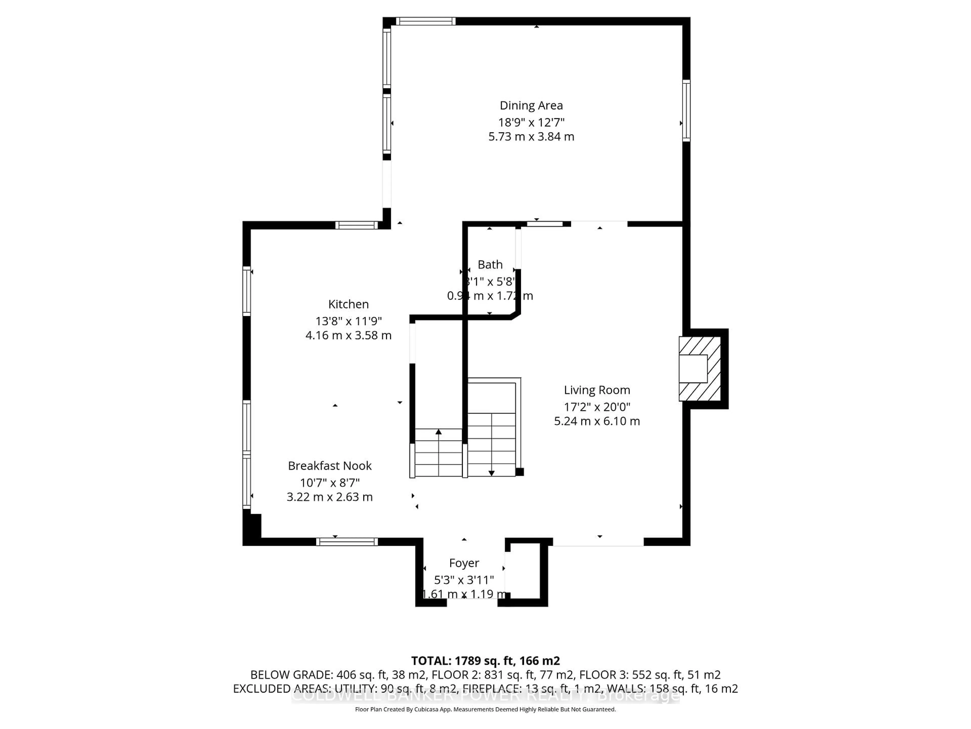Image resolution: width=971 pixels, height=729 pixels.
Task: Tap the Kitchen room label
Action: [348, 304]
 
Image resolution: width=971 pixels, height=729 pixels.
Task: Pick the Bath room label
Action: [490, 265]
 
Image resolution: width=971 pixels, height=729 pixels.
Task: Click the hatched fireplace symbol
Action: [700, 369]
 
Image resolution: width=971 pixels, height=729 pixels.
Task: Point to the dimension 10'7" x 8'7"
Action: [330, 482]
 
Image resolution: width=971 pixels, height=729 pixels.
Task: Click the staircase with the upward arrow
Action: [438, 453]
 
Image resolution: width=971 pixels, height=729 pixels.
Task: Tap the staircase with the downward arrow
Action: [491, 444]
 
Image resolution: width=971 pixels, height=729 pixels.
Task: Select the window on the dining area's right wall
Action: [686, 111]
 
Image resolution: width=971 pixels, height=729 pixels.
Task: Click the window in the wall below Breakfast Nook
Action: [347, 542]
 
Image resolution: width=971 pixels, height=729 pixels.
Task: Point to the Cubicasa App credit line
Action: [485, 709]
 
